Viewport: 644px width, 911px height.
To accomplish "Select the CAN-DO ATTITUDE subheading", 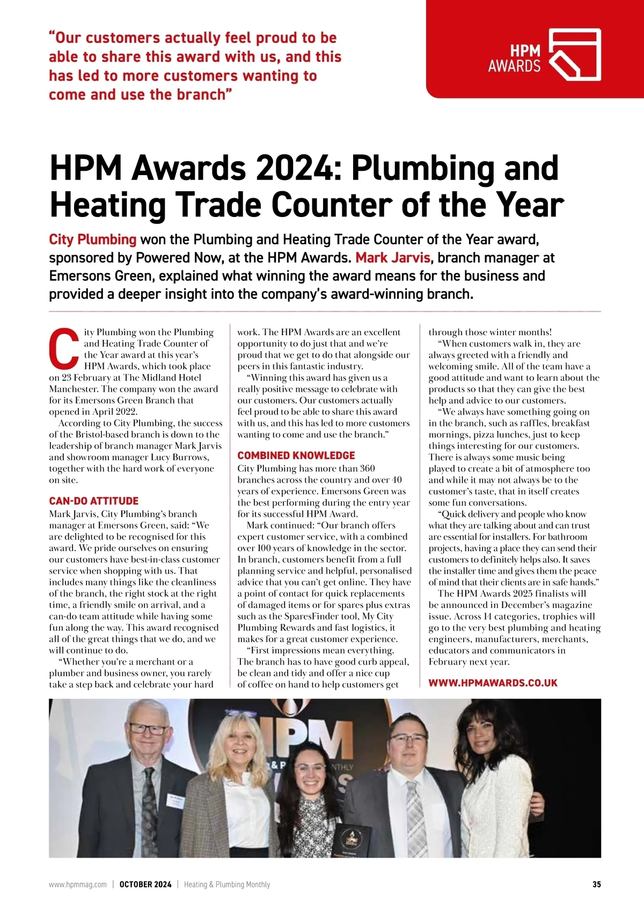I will pyautogui.click(x=93, y=501).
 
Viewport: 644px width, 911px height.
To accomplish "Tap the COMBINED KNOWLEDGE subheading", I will pyautogui.click(x=296, y=455).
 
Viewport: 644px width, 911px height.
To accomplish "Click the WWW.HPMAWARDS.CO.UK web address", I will pyautogui.click(x=493, y=683).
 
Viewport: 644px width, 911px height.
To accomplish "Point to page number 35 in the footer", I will pyautogui.click(x=596, y=884).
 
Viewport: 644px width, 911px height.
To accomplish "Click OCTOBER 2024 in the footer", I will pyautogui.click(x=145, y=884).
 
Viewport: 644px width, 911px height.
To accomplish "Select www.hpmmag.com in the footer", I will pyautogui.click(x=78, y=884).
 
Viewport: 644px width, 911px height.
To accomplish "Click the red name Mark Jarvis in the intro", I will pyautogui.click(x=393, y=258).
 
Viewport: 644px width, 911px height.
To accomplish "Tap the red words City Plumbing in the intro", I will pyautogui.click(x=93, y=240).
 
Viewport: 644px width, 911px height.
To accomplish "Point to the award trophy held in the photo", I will pyautogui.click(x=352, y=841).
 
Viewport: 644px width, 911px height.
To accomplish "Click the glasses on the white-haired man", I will pyautogui.click(x=147, y=729).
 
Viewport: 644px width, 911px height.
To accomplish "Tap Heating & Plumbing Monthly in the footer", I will pyautogui.click(x=227, y=884).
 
